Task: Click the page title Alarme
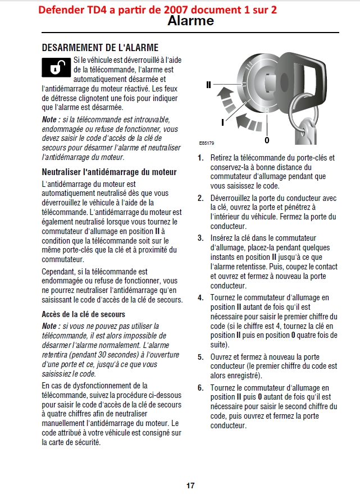click(190, 21)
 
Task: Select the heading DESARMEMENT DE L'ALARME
click(100, 48)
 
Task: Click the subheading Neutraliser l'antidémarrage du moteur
click(110, 172)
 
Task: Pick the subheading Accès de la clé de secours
click(84, 314)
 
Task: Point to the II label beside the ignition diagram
click(208, 85)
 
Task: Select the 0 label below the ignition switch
click(267, 139)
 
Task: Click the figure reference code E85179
click(206, 143)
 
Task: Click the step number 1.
click(200, 158)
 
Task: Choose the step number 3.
click(200, 238)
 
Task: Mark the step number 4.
click(200, 297)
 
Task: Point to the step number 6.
click(200, 388)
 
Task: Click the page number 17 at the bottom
click(190, 485)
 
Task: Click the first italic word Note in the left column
click(49, 120)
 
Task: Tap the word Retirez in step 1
click(222, 158)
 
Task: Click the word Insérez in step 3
click(222, 238)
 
